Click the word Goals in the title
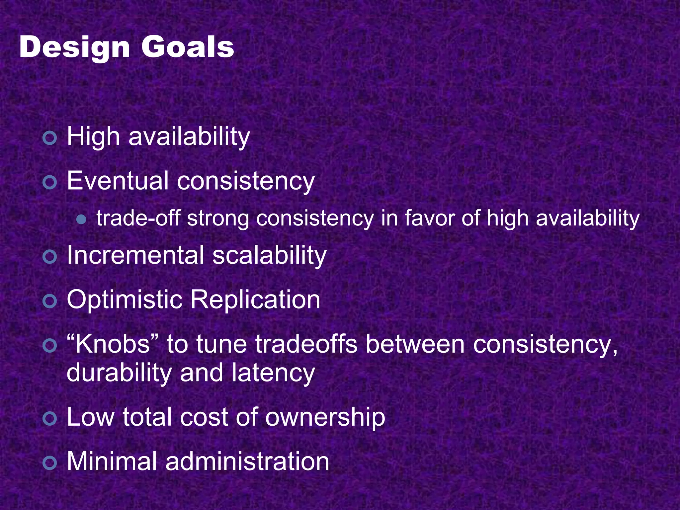(x=188, y=47)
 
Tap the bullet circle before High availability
(x=50, y=138)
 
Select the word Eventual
(x=118, y=181)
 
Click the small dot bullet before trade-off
(x=81, y=219)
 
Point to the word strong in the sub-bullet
(x=218, y=219)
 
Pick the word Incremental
(x=135, y=255)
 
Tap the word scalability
(x=269, y=255)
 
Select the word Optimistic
(x=125, y=299)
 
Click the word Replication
(x=255, y=299)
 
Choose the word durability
(x=119, y=373)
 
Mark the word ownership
(x=325, y=417)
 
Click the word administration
(x=247, y=462)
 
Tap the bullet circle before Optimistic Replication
(x=50, y=301)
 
